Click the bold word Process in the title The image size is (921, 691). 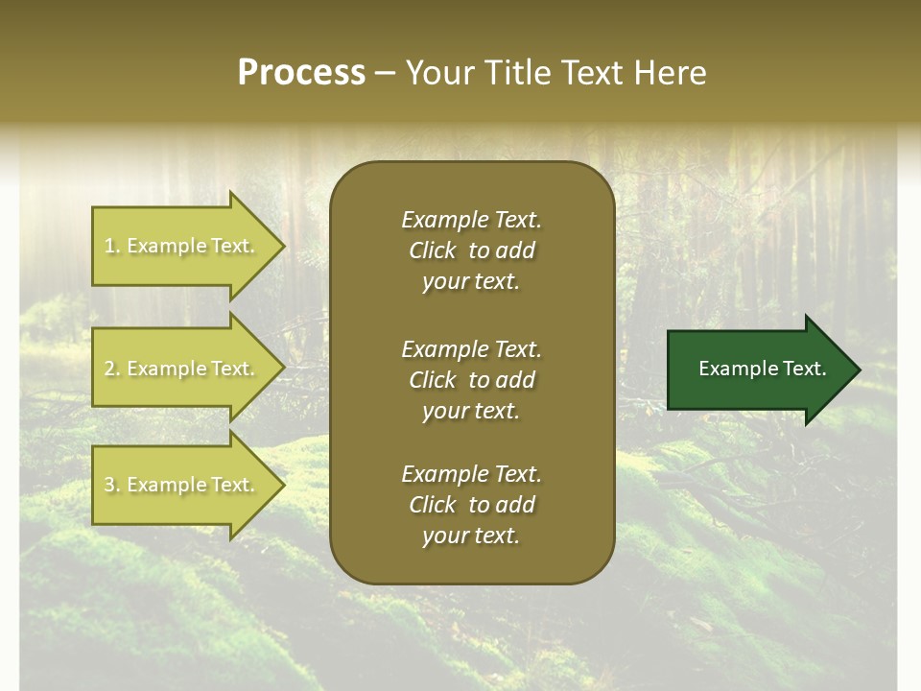click(x=301, y=73)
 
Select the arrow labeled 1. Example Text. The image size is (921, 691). click(x=182, y=246)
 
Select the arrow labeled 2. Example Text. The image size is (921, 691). click(x=182, y=369)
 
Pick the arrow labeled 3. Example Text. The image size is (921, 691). click(x=182, y=485)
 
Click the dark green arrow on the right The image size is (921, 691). click(x=758, y=369)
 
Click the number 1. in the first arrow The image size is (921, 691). click(x=112, y=246)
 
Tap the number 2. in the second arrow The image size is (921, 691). click(x=112, y=369)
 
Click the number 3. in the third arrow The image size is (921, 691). click(x=112, y=485)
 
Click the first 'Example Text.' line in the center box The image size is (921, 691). click(x=471, y=220)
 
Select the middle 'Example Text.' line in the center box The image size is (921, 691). click(x=471, y=349)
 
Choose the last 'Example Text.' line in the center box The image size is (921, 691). click(x=471, y=474)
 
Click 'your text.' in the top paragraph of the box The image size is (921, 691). click(x=471, y=281)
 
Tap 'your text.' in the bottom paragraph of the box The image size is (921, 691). click(x=471, y=536)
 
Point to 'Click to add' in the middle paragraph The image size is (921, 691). click(x=471, y=380)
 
